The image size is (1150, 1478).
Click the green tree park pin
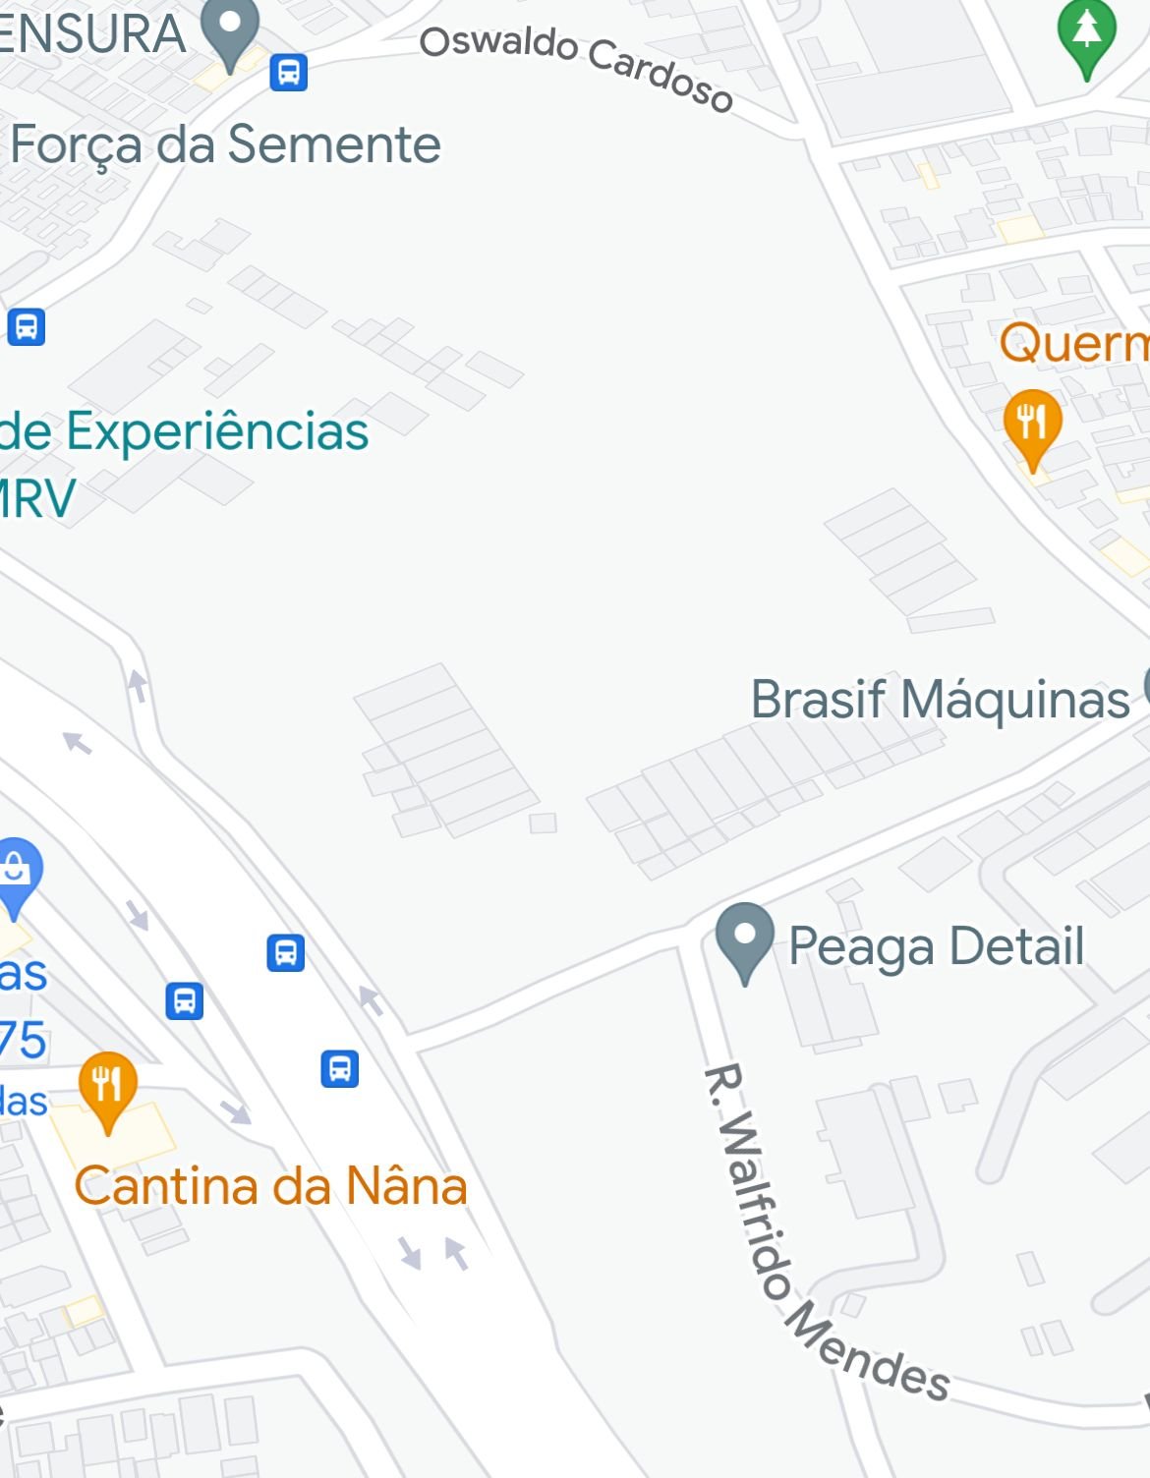[1086, 34]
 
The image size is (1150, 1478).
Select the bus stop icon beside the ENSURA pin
[288, 72]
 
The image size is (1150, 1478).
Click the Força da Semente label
[225, 144]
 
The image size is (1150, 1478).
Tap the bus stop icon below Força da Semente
[27, 326]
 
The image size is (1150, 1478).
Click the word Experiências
[217, 431]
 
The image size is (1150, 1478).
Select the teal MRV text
[36, 497]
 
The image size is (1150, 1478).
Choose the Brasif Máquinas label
[940, 700]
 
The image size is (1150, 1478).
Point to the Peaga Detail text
[936, 945]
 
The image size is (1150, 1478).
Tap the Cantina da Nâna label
[270, 1185]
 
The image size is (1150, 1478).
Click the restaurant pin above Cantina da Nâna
[108, 1086]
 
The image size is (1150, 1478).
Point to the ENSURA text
[92, 33]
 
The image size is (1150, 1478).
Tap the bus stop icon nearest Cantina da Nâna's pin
[184, 1000]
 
